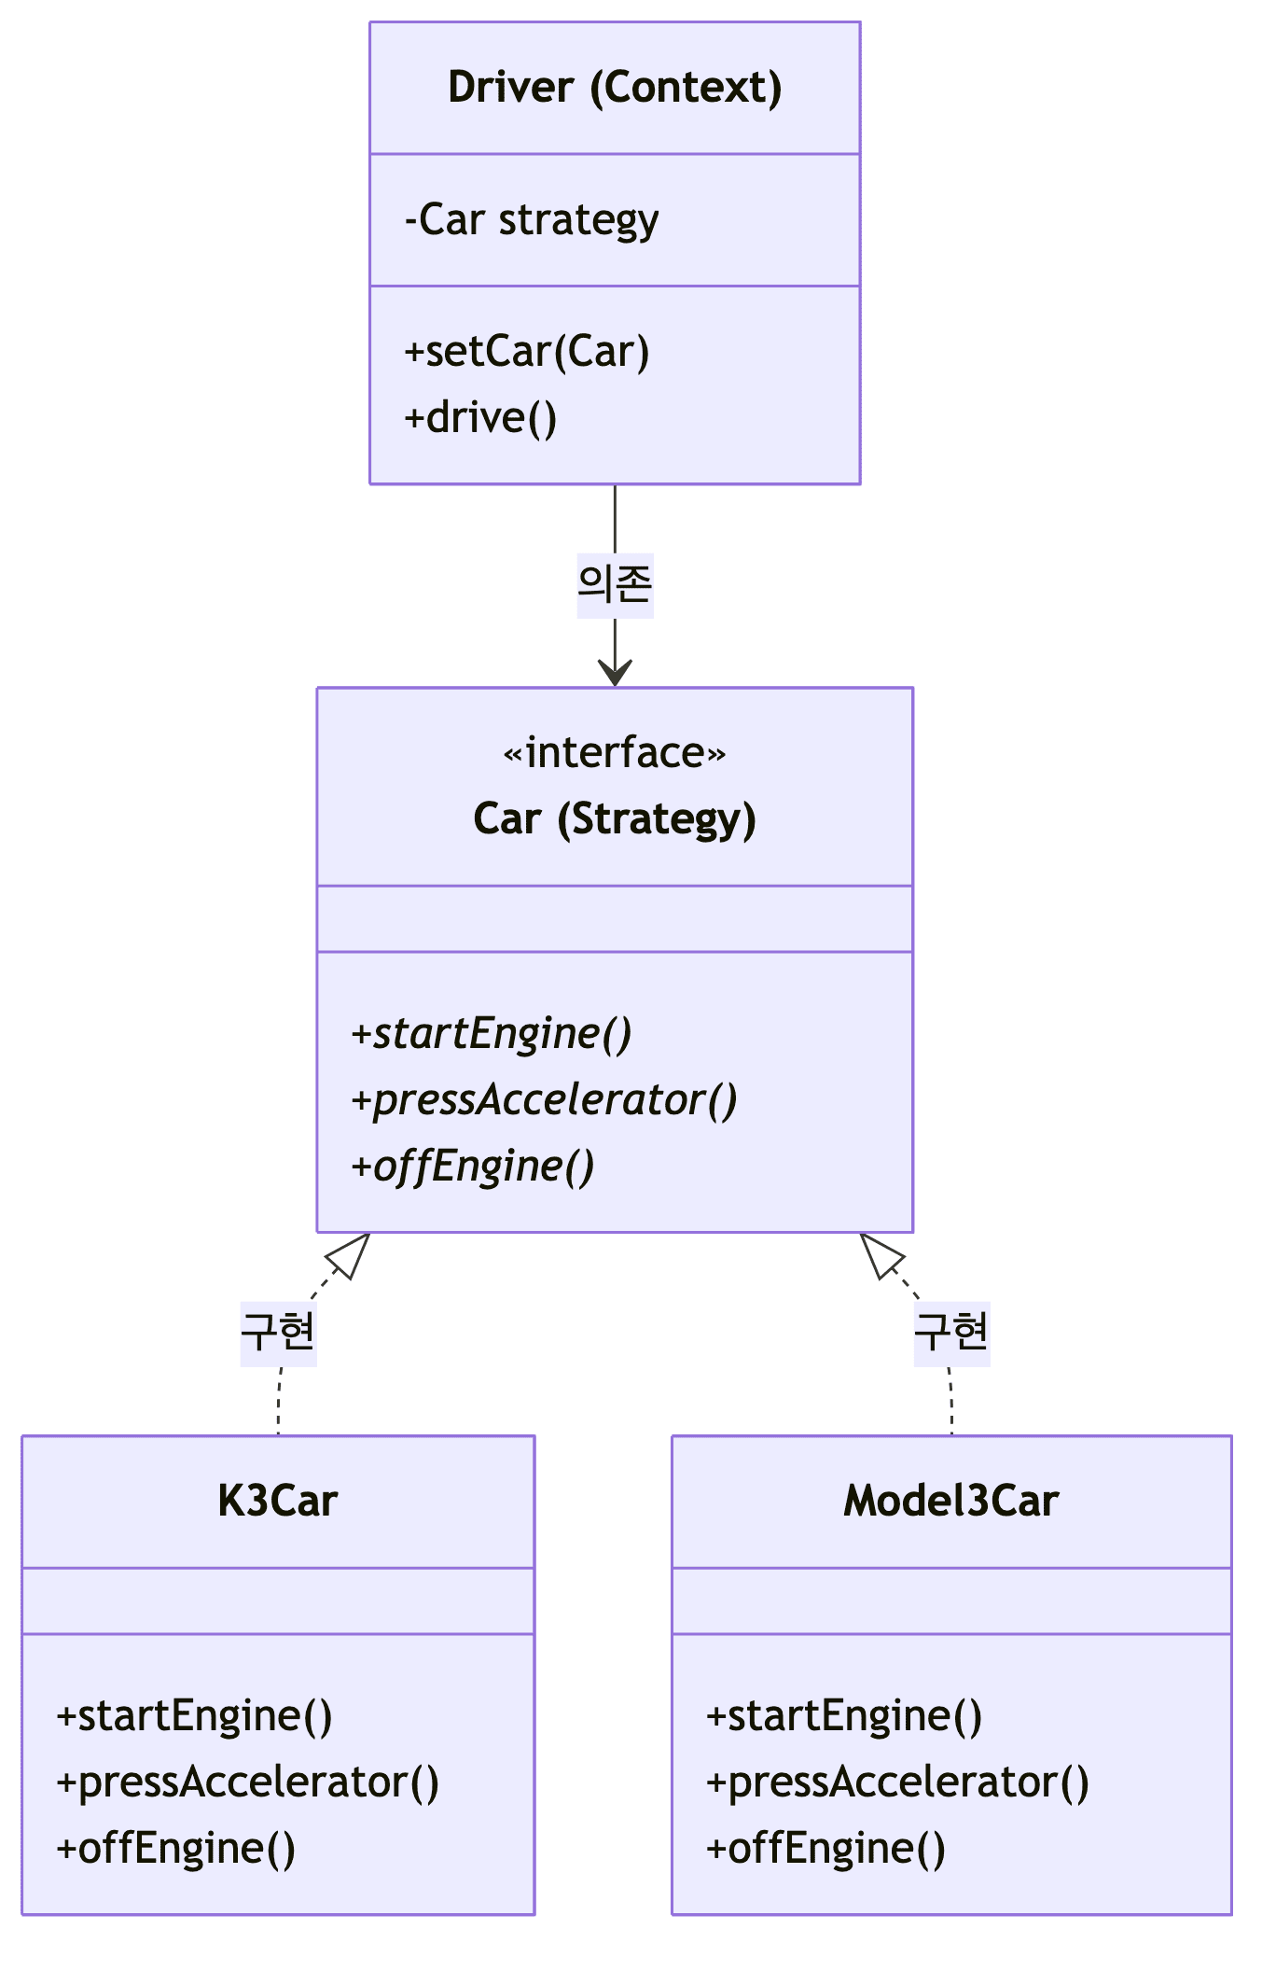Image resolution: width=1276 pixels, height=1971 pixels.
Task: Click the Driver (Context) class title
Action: pyautogui.click(x=615, y=88)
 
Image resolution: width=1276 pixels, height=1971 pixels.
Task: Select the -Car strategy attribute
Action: pyautogui.click(x=532, y=220)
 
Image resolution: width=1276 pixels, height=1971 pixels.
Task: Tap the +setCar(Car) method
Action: pyautogui.click(x=527, y=352)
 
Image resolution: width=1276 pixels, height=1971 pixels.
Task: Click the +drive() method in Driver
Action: pyautogui.click(x=481, y=417)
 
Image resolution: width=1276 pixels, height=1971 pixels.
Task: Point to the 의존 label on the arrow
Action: pyautogui.click(x=615, y=585)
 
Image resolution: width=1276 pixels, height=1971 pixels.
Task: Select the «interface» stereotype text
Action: pyautogui.click(x=615, y=752)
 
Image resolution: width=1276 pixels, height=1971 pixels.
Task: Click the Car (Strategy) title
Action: pyautogui.click(x=615, y=818)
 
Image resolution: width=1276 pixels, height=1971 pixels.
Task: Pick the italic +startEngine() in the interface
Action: pyautogui.click(x=492, y=1034)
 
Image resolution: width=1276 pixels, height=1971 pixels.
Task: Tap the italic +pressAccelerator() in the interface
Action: pyautogui.click(x=544, y=1100)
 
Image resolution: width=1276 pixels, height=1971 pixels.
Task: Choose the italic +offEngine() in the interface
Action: pyautogui.click(x=473, y=1167)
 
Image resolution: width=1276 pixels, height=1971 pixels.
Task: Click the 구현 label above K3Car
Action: pyautogui.click(x=278, y=1333)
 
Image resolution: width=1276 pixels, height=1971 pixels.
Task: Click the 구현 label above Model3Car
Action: pyautogui.click(x=951, y=1333)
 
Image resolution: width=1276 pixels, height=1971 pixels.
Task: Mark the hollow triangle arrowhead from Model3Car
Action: pyautogui.click(x=881, y=1255)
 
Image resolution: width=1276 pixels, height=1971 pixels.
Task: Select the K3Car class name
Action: pyautogui.click(x=278, y=1502)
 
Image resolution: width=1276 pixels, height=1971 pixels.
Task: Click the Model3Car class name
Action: pyautogui.click(x=951, y=1502)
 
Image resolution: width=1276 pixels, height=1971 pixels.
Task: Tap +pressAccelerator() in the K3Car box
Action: pyautogui.click(x=248, y=1782)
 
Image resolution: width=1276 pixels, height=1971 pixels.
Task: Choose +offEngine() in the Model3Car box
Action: pyautogui.click(x=826, y=1849)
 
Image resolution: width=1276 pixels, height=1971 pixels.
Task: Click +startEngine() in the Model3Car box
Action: pyautogui.click(x=844, y=1716)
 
